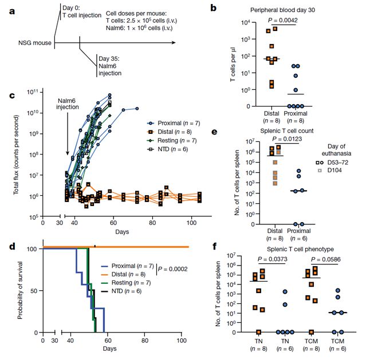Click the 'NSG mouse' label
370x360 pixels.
click(x=29, y=43)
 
